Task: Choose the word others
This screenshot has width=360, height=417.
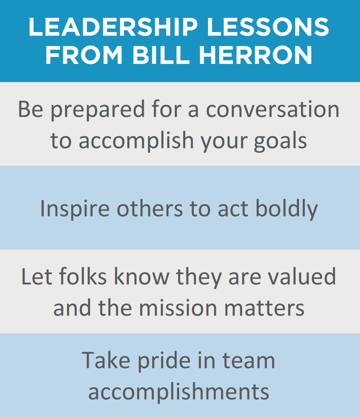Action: tap(139, 208)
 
